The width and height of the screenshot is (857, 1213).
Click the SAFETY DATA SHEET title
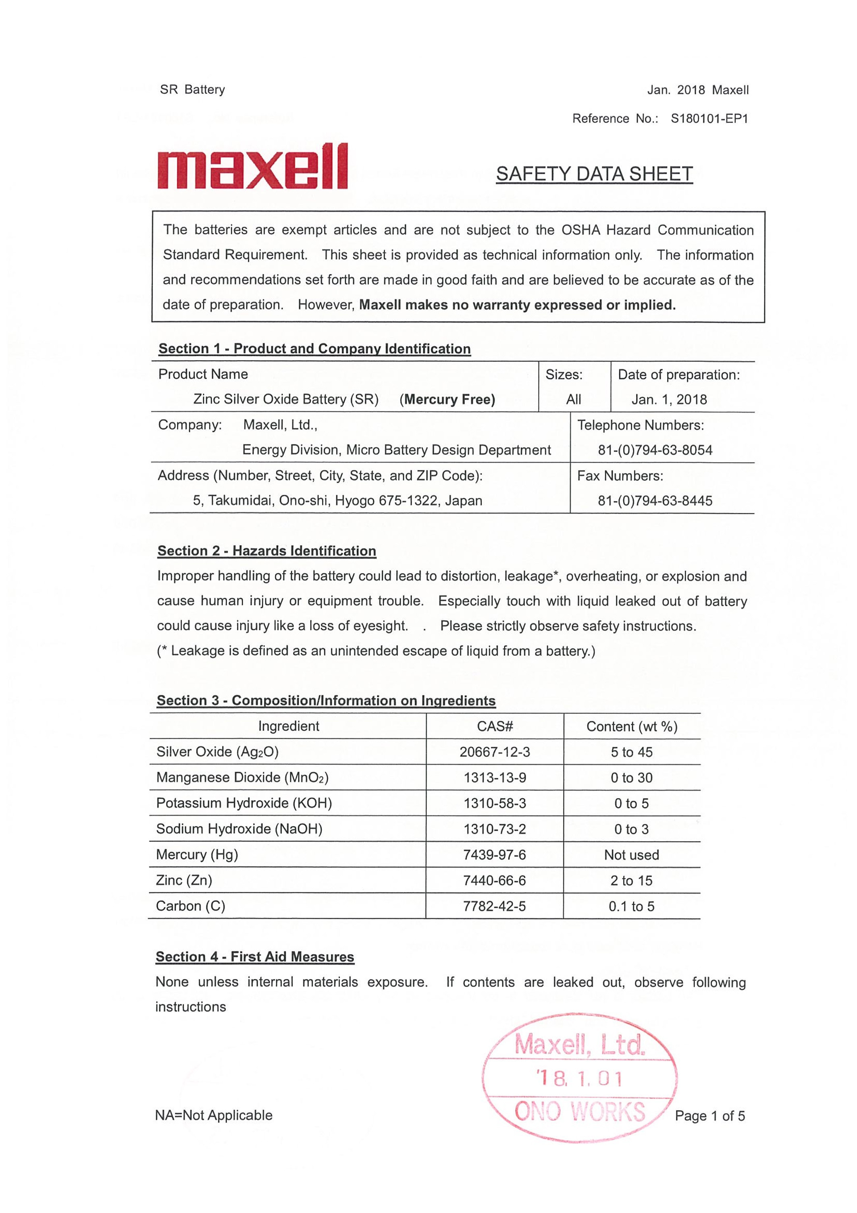594,174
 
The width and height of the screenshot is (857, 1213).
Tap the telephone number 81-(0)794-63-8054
655,450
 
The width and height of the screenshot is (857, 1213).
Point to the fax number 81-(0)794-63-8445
655,500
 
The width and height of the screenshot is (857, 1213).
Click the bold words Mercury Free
447,399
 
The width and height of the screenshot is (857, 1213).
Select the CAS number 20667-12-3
494,752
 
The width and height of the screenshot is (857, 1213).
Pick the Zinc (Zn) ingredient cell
184,880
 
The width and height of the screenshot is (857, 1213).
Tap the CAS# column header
495,726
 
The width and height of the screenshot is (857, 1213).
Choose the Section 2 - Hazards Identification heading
267,550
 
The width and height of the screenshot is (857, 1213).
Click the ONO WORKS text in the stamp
579,1111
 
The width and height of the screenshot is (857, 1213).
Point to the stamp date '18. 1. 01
579,1078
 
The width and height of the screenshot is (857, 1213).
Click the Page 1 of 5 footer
710,1116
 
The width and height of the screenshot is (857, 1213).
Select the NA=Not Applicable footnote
214,1115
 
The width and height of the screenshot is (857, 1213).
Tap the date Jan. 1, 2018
669,399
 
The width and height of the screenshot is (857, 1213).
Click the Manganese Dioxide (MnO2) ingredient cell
242,777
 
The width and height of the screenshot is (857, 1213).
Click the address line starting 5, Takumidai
337,500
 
